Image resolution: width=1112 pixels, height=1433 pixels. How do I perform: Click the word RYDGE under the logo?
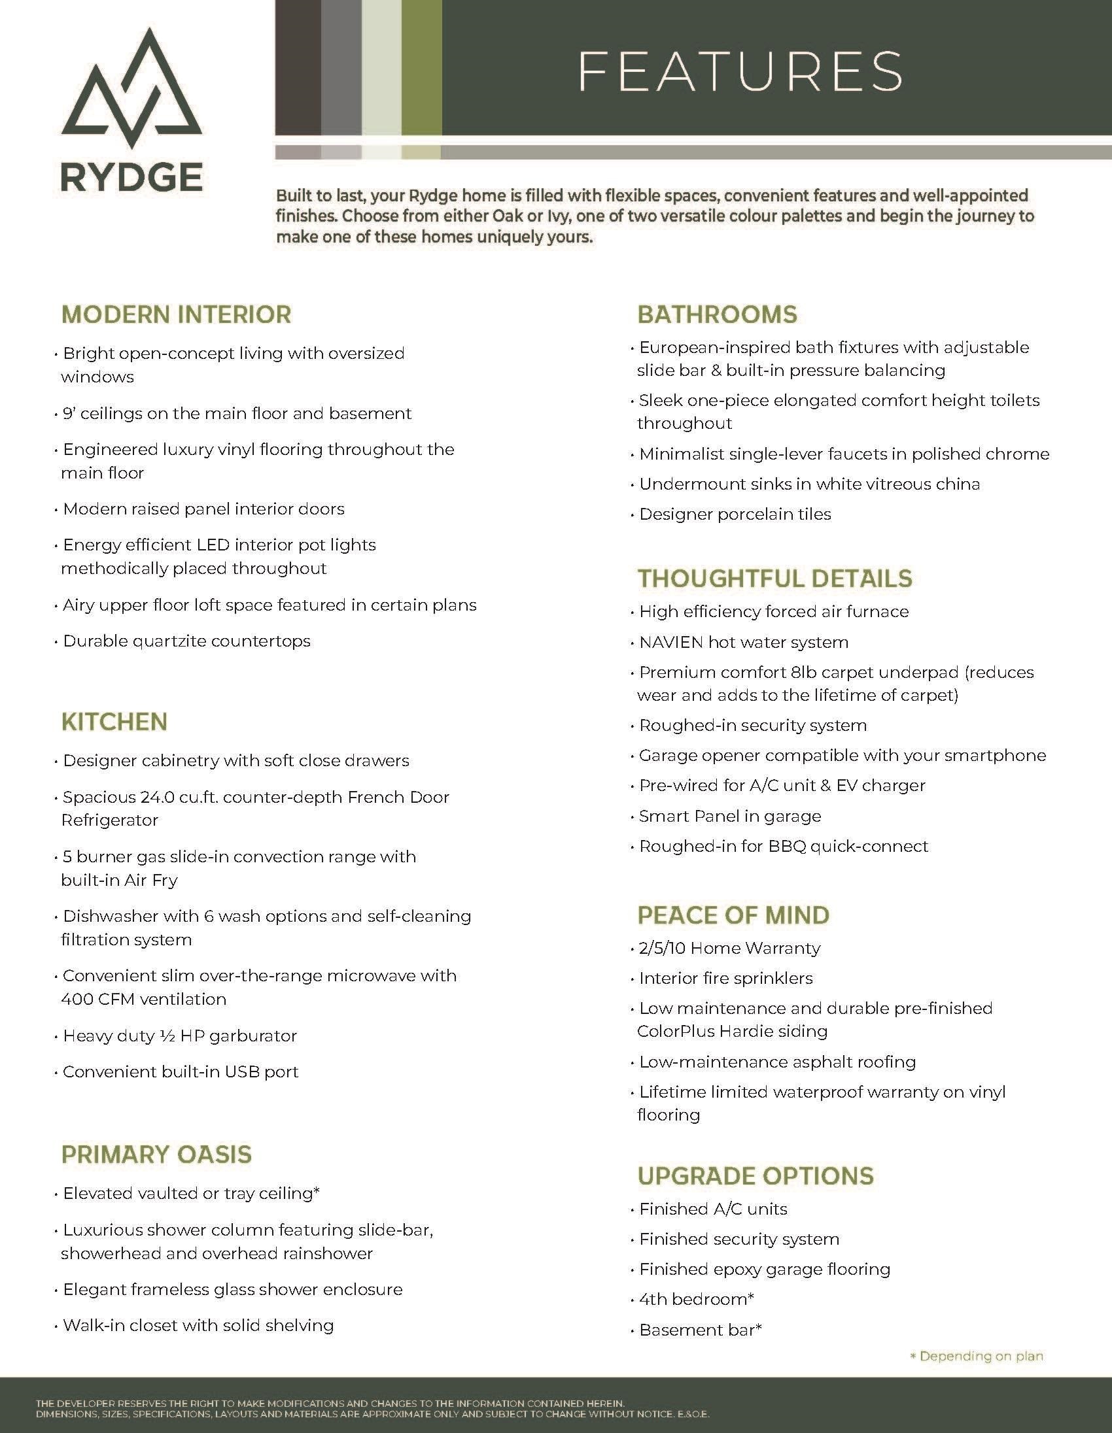tap(132, 177)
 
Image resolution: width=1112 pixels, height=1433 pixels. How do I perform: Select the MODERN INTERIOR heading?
tap(176, 314)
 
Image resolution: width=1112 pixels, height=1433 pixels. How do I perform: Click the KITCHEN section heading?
tap(114, 722)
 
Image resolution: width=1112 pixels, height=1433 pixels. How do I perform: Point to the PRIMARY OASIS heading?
tap(156, 1155)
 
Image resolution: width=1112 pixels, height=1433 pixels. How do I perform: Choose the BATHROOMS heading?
tap(717, 314)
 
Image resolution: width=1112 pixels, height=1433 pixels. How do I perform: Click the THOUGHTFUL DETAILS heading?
tap(774, 578)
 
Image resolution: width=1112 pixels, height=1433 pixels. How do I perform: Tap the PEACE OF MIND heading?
tap(733, 915)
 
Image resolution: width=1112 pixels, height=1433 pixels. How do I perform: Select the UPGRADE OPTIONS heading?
tap(756, 1176)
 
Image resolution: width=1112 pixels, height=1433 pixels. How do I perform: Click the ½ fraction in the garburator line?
tap(167, 1036)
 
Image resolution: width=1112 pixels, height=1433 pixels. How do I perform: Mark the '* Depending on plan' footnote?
tap(976, 1356)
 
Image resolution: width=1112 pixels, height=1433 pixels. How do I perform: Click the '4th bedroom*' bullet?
tap(697, 1299)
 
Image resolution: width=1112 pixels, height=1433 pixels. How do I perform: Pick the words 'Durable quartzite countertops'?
tap(186, 641)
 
